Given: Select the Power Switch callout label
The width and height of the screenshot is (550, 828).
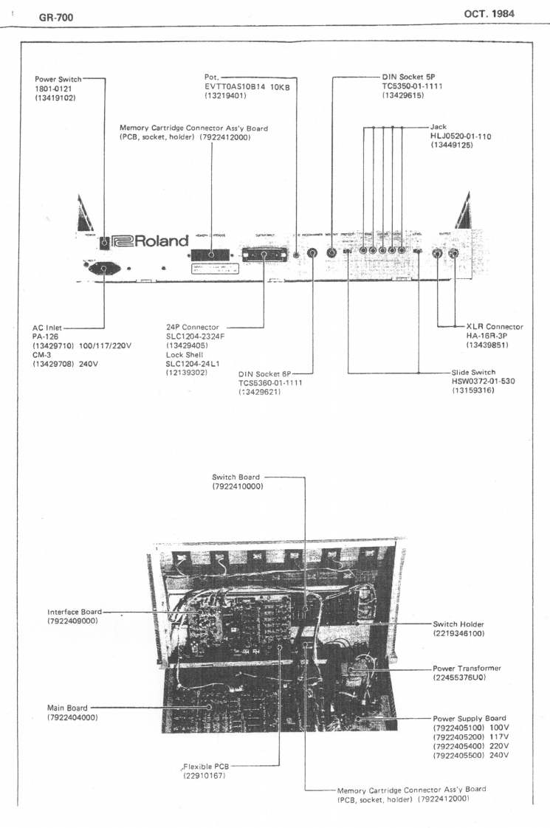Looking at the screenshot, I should tap(61, 80).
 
